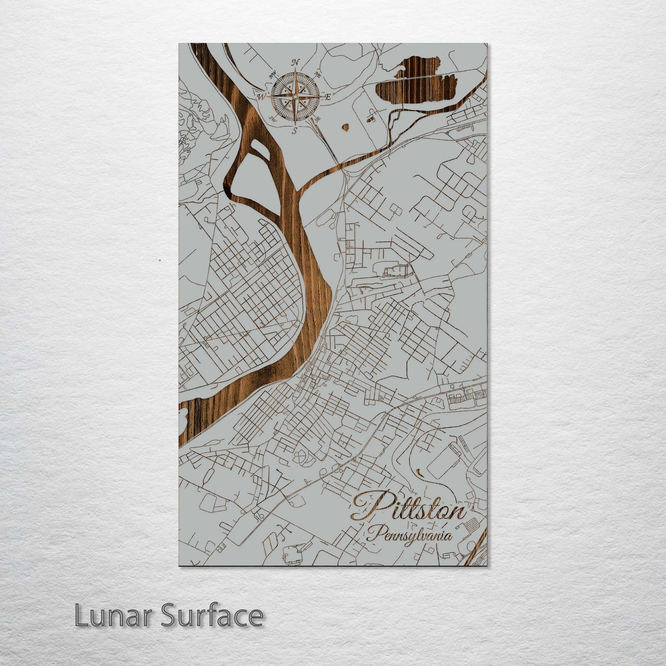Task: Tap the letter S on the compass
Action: [x=294, y=131]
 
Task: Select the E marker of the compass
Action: [x=328, y=97]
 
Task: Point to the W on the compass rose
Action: [x=261, y=96]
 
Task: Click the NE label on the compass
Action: [x=317, y=74]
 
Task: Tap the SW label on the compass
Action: [x=272, y=119]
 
